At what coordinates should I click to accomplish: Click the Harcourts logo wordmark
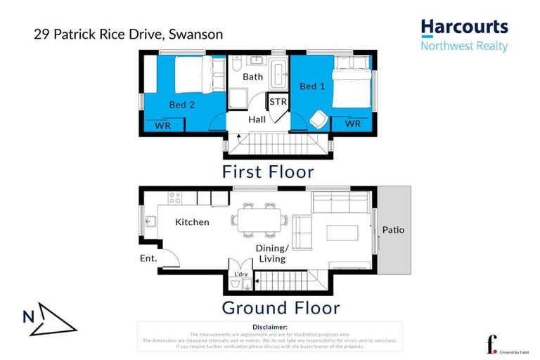click(x=464, y=27)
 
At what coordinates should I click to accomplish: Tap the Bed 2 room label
click(x=181, y=105)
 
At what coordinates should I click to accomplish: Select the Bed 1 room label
click(x=311, y=86)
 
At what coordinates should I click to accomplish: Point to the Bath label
click(x=253, y=77)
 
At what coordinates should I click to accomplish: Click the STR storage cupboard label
click(x=278, y=103)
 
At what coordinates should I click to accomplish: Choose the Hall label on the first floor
click(x=257, y=120)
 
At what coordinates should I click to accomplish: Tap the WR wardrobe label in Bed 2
click(x=163, y=125)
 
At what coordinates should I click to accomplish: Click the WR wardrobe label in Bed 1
click(x=352, y=124)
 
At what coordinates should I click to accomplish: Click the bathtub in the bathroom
click(x=278, y=73)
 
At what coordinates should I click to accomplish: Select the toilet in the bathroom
click(x=236, y=65)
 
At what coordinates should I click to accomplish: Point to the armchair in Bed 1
click(x=317, y=120)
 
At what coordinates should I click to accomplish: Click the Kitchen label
click(x=192, y=222)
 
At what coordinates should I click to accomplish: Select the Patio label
click(x=394, y=230)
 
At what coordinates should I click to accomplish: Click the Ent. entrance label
click(x=149, y=259)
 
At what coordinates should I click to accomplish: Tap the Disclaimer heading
click(x=269, y=327)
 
